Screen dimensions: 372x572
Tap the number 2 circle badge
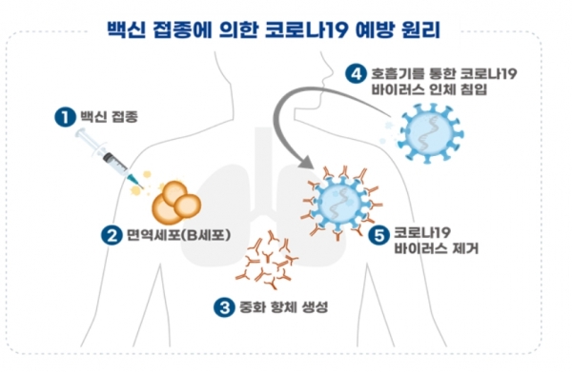tap(113, 232)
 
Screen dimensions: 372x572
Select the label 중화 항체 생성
tap(282, 307)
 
